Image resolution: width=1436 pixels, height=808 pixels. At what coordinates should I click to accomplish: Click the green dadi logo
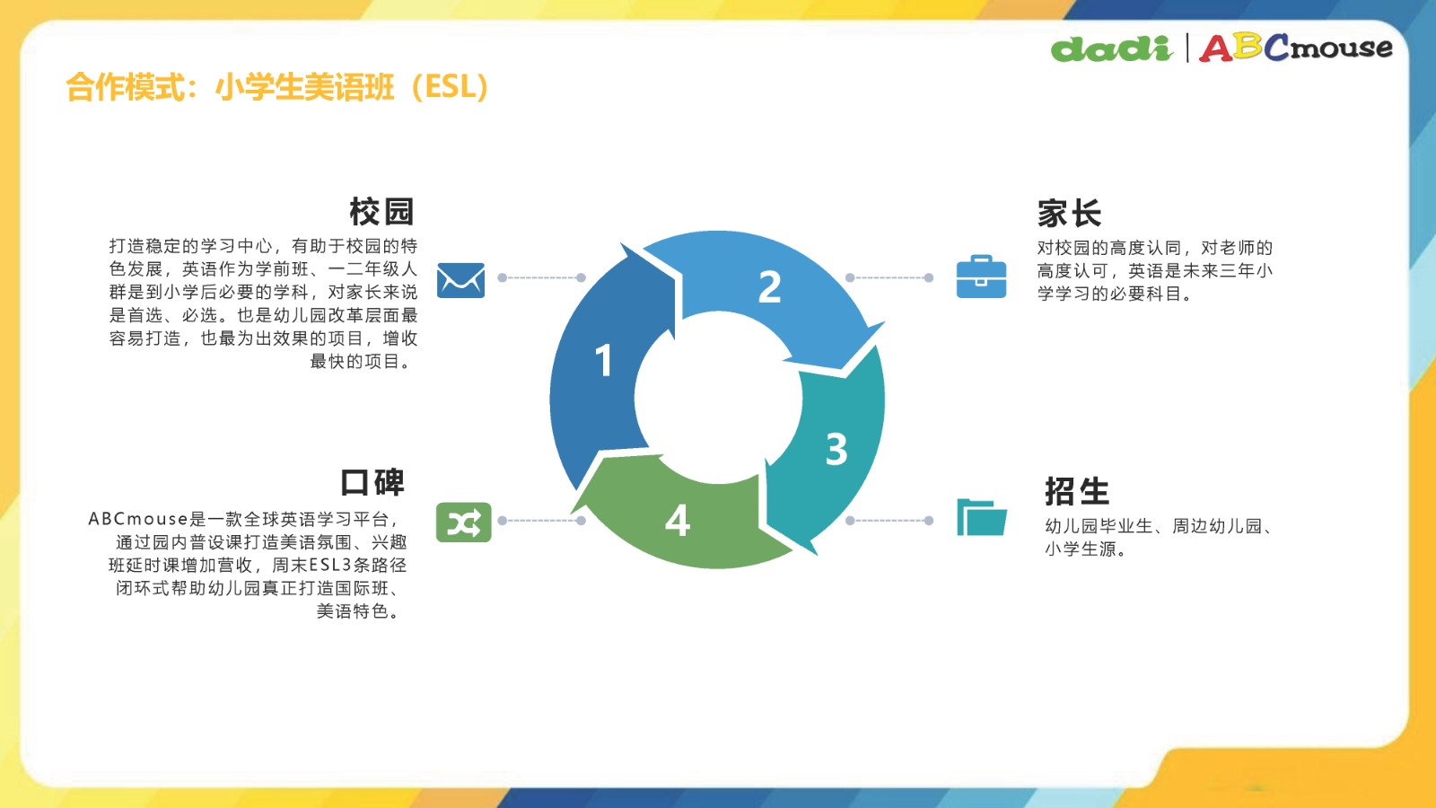click(1112, 48)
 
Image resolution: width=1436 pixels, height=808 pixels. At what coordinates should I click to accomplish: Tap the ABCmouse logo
click(1296, 48)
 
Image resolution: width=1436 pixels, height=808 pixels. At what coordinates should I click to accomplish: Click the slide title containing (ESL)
click(277, 86)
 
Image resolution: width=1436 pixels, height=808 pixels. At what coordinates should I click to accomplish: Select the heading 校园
click(381, 212)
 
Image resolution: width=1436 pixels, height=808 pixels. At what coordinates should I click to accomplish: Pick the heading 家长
click(1069, 213)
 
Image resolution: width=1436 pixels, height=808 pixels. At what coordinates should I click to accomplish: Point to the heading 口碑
click(372, 482)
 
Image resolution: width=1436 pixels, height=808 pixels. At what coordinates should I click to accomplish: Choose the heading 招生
click(1077, 491)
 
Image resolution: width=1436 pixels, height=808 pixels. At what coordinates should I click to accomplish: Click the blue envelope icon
click(461, 279)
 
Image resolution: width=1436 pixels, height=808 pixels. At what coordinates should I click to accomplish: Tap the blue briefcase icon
click(981, 277)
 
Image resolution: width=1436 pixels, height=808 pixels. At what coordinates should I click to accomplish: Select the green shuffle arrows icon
click(463, 522)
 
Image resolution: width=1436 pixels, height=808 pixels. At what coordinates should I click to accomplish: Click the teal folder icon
click(982, 517)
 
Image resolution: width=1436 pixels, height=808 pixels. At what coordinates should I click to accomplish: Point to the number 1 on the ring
click(603, 360)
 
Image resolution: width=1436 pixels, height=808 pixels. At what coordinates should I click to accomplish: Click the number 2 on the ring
click(770, 286)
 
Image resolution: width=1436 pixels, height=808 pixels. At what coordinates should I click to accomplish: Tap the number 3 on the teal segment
click(836, 449)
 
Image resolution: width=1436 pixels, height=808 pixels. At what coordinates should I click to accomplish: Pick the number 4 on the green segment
click(678, 520)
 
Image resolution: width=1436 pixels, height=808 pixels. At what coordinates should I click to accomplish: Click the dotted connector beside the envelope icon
click(542, 277)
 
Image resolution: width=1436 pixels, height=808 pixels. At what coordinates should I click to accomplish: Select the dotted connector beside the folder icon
click(889, 521)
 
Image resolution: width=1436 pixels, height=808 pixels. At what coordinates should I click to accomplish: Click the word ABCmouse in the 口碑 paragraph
click(138, 519)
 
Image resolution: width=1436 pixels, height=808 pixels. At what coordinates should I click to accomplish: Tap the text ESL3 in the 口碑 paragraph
click(331, 565)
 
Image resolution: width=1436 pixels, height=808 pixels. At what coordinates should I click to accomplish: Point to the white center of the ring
click(718, 398)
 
